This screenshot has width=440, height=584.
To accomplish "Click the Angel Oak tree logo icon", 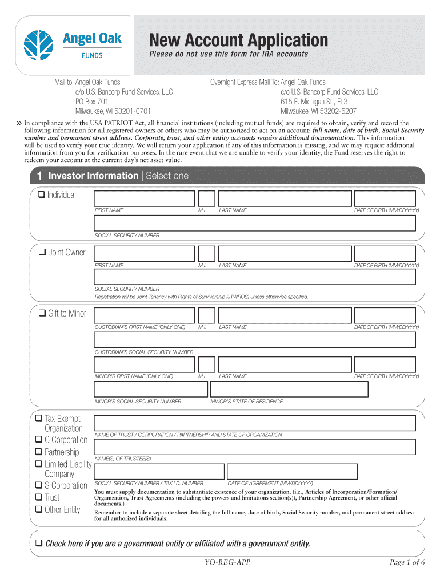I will point(39,44).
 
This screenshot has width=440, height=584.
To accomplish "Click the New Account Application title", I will point(239,40).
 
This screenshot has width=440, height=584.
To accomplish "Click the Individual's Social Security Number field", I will point(254,223).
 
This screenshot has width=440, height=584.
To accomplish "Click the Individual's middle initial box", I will point(207,198).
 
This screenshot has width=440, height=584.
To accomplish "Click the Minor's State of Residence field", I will point(289,389).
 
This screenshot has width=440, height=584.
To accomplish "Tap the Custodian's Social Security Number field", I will point(254,340).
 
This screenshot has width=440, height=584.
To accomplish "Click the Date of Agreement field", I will point(291,472).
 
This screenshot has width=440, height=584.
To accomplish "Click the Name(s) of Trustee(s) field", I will point(254,447).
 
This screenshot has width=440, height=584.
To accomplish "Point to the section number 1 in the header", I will point(39,176).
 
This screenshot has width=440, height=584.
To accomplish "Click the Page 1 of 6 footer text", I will point(407,562).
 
